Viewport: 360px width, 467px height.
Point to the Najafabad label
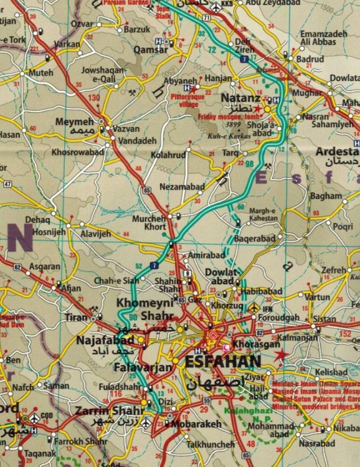pyautogui.click(x=105, y=341)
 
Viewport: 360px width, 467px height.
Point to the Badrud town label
pyautogui.click(x=310, y=59)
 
